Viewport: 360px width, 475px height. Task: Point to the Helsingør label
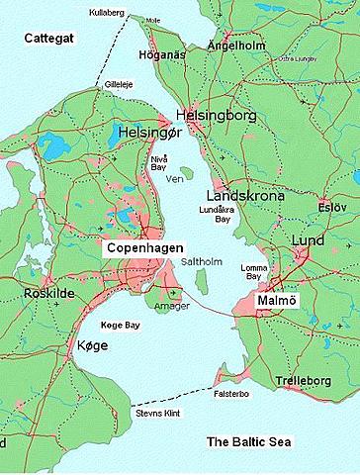coord(149,132)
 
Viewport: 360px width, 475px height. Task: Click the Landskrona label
coord(245,196)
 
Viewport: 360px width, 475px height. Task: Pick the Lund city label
coord(307,241)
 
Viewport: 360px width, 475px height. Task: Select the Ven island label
coord(177,181)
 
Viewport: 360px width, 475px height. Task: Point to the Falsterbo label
coord(233,392)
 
